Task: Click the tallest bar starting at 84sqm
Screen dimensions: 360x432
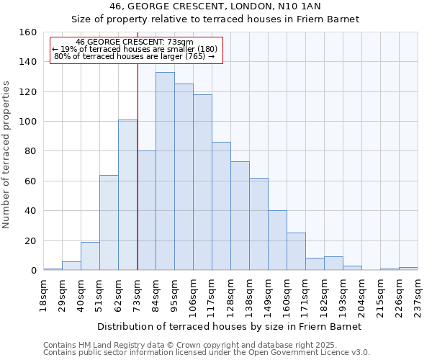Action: pyautogui.click(x=165, y=171)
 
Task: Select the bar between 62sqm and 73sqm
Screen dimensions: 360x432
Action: pyautogui.click(x=127, y=195)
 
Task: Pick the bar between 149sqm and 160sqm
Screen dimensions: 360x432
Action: pyautogui.click(x=277, y=240)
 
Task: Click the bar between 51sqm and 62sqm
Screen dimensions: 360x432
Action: pyautogui.click(x=109, y=222)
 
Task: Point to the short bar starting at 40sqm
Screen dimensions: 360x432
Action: pyautogui.click(x=90, y=256)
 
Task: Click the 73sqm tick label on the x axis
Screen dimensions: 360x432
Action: pyautogui.click(x=138, y=295)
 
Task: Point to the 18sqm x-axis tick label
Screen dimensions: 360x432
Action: pyautogui.click(x=44, y=295)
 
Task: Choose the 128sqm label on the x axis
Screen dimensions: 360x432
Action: pyautogui.click(x=231, y=295)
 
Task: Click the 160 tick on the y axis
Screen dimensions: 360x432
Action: pyautogui.click(x=28, y=32)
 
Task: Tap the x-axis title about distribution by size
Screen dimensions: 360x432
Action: pyautogui.click(x=229, y=326)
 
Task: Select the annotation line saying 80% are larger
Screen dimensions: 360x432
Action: pyautogui.click(x=135, y=56)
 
